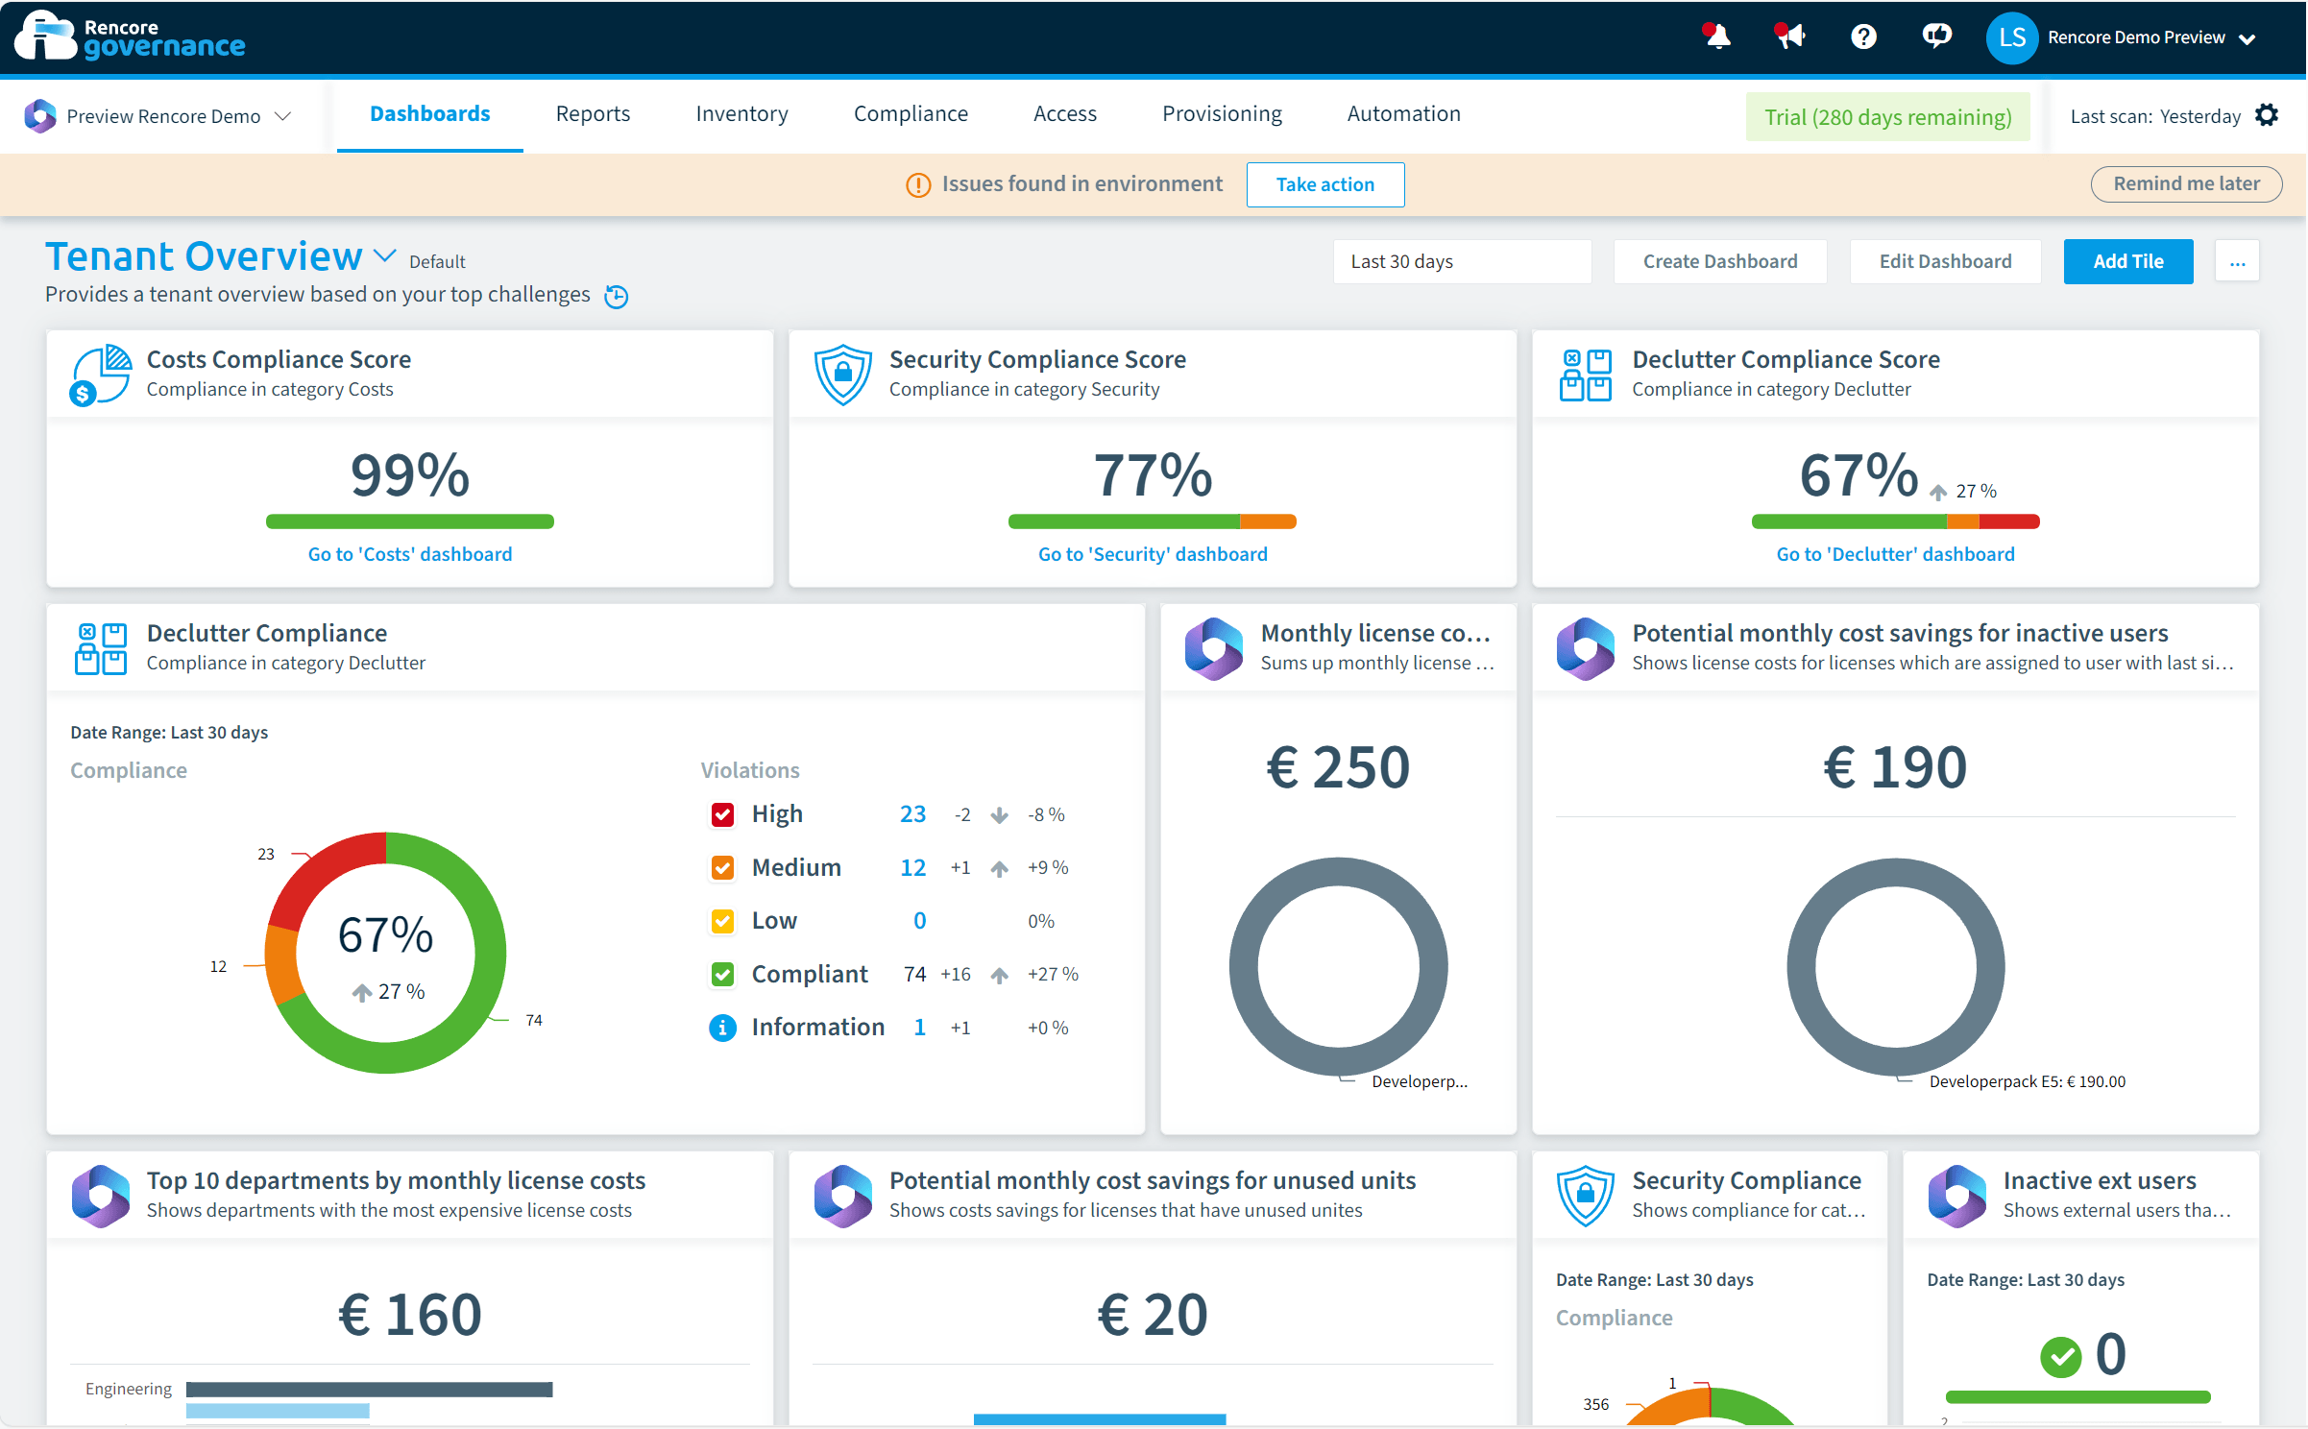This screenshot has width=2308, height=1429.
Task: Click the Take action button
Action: point(1324,184)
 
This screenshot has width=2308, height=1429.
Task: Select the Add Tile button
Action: point(2127,261)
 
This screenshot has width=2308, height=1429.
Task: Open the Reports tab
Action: point(593,114)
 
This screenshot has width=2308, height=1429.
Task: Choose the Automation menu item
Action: point(1403,114)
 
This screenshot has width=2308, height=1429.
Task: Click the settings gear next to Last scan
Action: point(2267,115)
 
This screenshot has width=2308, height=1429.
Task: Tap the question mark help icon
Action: point(1863,37)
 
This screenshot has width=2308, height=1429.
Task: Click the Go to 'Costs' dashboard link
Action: point(410,554)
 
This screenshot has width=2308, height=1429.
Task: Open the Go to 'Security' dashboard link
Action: point(1153,554)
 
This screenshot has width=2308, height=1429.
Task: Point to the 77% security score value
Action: point(1153,475)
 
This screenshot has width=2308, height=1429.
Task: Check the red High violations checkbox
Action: point(722,814)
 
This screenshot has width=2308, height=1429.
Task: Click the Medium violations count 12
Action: point(912,867)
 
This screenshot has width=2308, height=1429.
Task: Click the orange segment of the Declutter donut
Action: point(281,965)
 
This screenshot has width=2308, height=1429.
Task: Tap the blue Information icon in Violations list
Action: point(722,1028)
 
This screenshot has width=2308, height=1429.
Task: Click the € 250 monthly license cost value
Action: point(1338,767)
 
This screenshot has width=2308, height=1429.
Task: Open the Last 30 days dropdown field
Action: point(1461,261)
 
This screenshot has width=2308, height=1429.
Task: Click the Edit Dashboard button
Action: point(1945,261)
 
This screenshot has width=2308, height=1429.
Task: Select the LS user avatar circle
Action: point(2011,38)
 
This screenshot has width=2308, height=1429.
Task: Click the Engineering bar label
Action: point(129,1389)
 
